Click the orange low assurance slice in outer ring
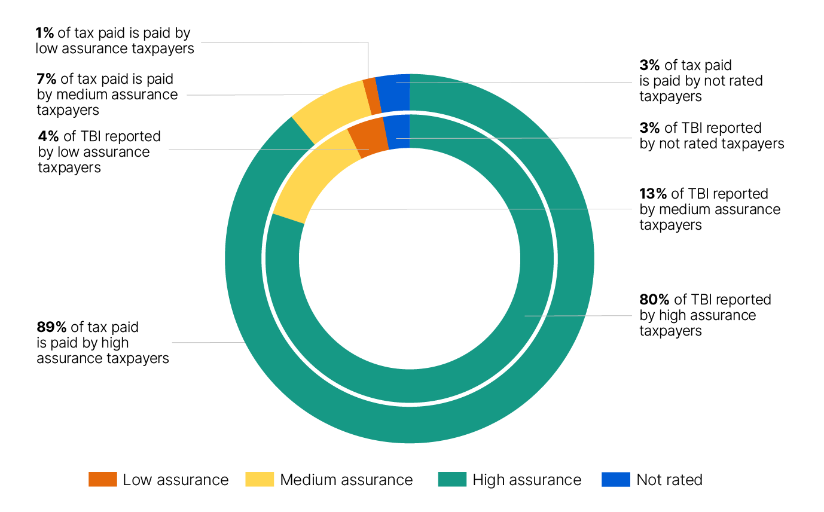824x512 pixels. [x=372, y=96]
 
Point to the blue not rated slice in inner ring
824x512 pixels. [x=397, y=132]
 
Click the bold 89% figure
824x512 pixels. [x=52, y=327]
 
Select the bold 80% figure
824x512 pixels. [x=655, y=300]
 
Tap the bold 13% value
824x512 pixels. [x=654, y=194]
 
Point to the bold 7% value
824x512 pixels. [x=45, y=79]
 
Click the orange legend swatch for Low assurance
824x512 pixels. [x=102, y=480]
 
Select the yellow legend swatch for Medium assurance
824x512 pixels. [x=260, y=480]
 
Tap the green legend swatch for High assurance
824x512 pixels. [x=452, y=480]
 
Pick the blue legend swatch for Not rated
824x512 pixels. [x=616, y=480]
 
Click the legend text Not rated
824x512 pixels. [x=669, y=480]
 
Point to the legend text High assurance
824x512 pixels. [x=527, y=480]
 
